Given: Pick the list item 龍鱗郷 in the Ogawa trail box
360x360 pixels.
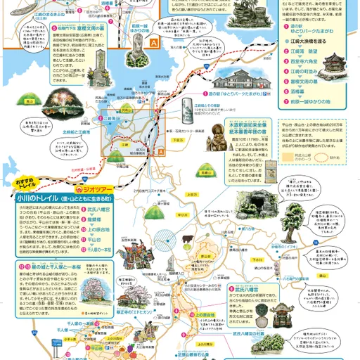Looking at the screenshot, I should click(98, 219).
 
